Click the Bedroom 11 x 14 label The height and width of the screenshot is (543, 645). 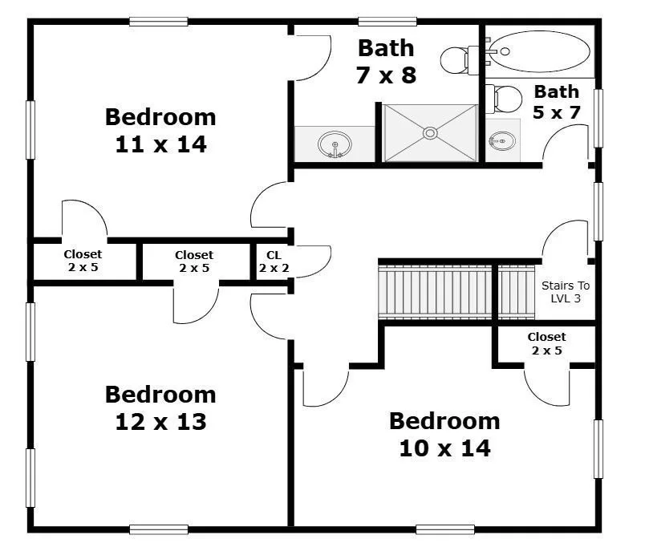point(160,131)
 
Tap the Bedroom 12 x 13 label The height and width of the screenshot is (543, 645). point(160,408)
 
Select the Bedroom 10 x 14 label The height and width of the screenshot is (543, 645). point(444,435)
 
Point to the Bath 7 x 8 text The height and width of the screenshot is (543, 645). point(386,62)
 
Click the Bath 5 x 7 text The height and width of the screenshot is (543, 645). point(556,102)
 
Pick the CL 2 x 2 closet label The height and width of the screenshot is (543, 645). point(274,261)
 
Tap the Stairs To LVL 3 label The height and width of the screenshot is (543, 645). point(566,292)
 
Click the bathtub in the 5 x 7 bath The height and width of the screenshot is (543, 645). point(540,51)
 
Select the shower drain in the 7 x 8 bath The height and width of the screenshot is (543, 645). point(430,133)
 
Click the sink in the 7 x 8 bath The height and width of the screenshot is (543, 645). point(335,144)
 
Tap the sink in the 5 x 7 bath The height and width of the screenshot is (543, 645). point(502,141)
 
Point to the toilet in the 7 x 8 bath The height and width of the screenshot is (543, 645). point(460,60)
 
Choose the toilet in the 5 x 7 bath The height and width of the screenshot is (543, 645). point(504,99)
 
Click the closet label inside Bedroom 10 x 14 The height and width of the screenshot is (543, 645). point(546,343)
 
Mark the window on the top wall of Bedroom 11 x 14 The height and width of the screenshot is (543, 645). point(158,22)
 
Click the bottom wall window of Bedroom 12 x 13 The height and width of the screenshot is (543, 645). point(158,529)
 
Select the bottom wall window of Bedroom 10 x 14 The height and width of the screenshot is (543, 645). point(445,529)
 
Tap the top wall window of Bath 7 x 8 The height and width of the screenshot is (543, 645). point(387,22)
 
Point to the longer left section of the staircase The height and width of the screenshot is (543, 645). point(435,292)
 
